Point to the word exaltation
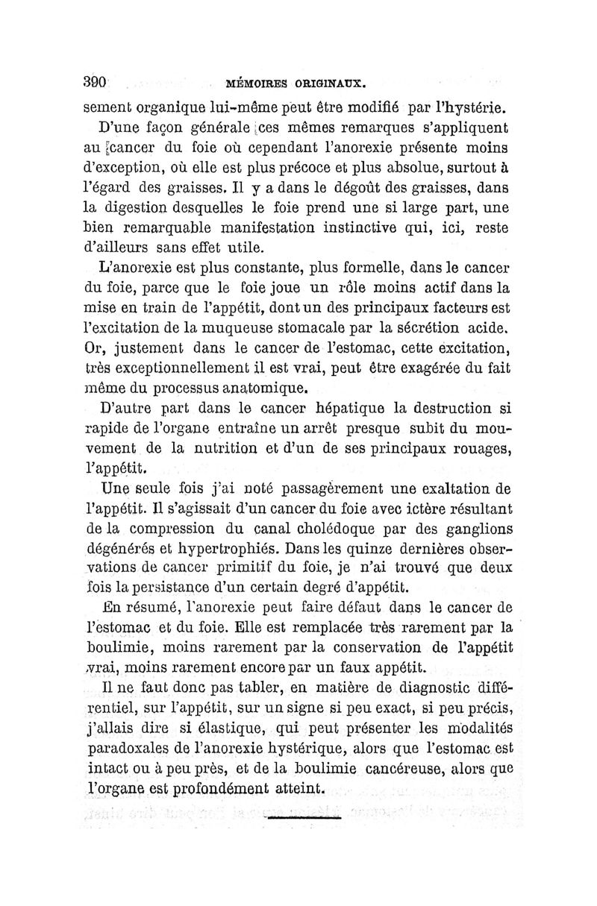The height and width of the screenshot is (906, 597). [447, 490]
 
